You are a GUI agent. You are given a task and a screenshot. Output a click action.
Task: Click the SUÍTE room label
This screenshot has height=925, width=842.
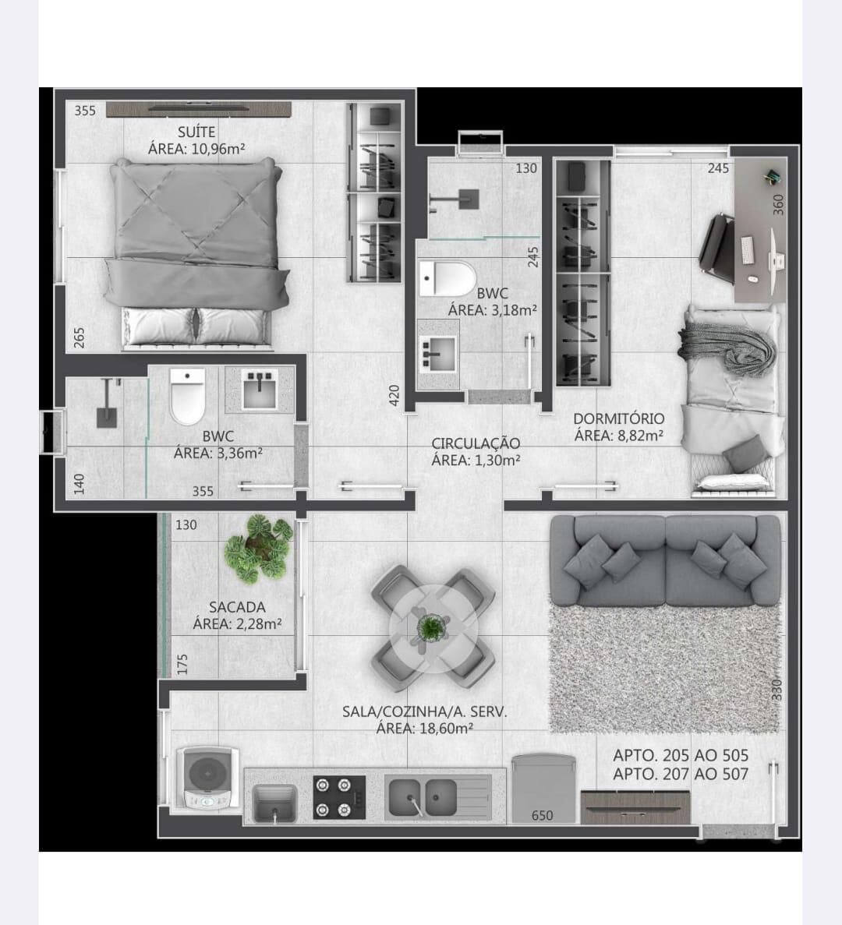pos(196,132)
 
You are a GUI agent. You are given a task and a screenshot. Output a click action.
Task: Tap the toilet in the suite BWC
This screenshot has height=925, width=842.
pos(188,397)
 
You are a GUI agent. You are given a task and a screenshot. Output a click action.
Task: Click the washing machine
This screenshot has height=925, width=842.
pos(207,778)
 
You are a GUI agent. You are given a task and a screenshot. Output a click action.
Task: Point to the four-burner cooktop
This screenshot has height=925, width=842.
pos(338,797)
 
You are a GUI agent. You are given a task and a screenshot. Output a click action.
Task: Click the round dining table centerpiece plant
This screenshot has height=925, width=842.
pos(433,628)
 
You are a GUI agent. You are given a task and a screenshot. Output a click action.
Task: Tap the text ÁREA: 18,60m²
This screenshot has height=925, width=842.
pos(425,729)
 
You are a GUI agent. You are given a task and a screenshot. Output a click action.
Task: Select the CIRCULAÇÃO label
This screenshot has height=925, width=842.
pos(476,443)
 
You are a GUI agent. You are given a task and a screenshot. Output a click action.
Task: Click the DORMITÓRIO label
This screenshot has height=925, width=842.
pos(619,418)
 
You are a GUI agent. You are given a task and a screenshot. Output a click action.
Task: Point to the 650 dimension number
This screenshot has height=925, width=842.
pos(543,815)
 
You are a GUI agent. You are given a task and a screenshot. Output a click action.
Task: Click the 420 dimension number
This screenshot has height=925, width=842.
pos(394,395)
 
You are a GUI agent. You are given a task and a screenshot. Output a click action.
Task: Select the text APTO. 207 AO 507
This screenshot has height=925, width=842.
pos(681,774)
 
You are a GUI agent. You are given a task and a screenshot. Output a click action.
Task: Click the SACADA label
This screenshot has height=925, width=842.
pos(237,607)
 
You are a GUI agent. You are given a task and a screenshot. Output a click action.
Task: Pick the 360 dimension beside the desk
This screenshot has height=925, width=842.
pos(778,204)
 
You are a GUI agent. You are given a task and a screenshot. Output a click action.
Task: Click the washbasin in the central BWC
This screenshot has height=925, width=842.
pos(437,354)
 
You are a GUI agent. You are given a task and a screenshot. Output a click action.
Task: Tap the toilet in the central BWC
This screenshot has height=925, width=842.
pos(448,278)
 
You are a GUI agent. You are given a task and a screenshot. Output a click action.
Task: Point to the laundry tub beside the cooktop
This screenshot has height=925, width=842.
pos(274,803)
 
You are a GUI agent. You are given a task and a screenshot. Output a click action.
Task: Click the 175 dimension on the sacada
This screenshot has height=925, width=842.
pos(182,664)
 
